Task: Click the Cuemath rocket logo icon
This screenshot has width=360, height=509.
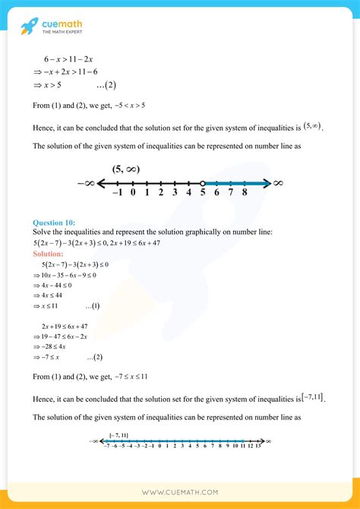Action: [x=29, y=28]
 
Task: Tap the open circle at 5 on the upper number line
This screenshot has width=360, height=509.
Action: [x=203, y=183]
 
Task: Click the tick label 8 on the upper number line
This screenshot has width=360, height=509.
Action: [x=245, y=194]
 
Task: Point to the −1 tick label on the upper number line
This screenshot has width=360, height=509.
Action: [x=117, y=194]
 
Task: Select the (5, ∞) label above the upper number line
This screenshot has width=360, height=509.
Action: [x=129, y=169]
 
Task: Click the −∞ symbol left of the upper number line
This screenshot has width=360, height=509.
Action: [x=86, y=183]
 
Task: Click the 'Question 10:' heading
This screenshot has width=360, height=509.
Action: [x=55, y=223]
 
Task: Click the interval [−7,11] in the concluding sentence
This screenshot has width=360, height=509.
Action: [x=312, y=395]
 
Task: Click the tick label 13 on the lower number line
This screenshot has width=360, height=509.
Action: [x=257, y=447]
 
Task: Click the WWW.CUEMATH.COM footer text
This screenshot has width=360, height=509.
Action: [x=180, y=492]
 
